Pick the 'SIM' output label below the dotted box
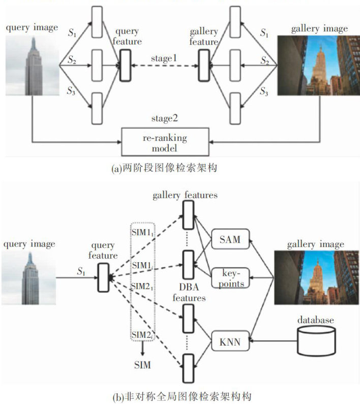(143, 365)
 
